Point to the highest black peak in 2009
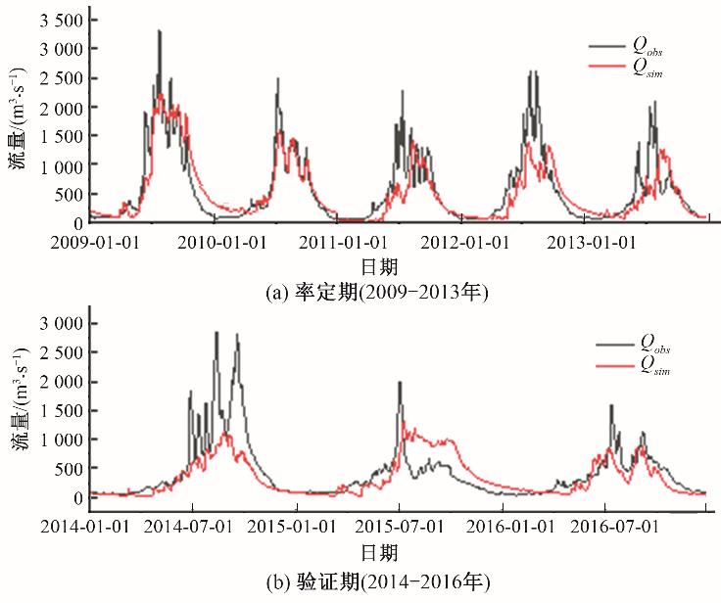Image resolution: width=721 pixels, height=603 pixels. click(160, 31)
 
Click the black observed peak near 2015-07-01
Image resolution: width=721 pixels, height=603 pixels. click(400, 383)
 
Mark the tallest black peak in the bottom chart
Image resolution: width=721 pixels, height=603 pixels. click(216, 333)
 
